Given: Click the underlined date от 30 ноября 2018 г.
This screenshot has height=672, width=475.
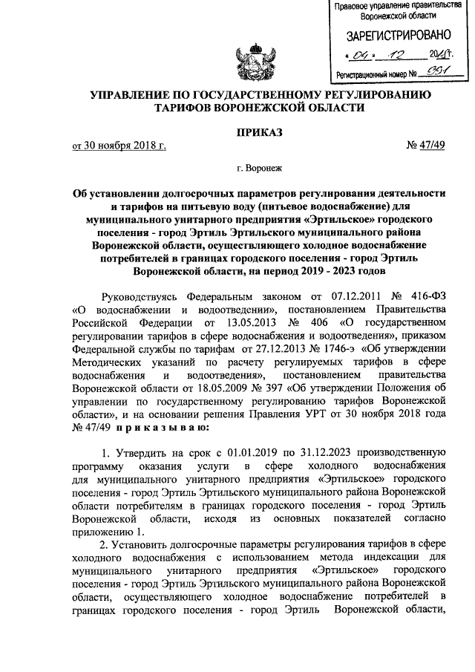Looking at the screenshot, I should (x=118, y=145).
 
